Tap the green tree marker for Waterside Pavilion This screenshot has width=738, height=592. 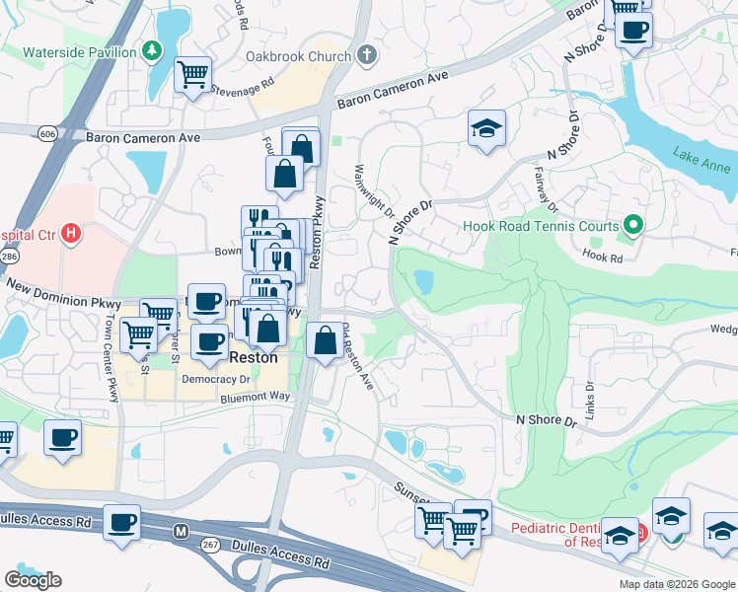click(152, 49)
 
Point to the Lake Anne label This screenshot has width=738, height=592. click(701, 154)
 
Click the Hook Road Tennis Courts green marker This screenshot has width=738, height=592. click(633, 226)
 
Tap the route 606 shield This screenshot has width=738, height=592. click(48, 133)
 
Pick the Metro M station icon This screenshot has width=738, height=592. click(181, 532)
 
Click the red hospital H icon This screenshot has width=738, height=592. click(70, 235)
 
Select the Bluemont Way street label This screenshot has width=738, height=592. click(256, 397)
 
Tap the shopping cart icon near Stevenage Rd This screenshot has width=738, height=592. click(193, 74)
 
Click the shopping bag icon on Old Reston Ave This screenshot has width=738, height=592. click(325, 340)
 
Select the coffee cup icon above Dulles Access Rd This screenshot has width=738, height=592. click(122, 522)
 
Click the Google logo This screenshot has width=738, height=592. click(33, 580)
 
